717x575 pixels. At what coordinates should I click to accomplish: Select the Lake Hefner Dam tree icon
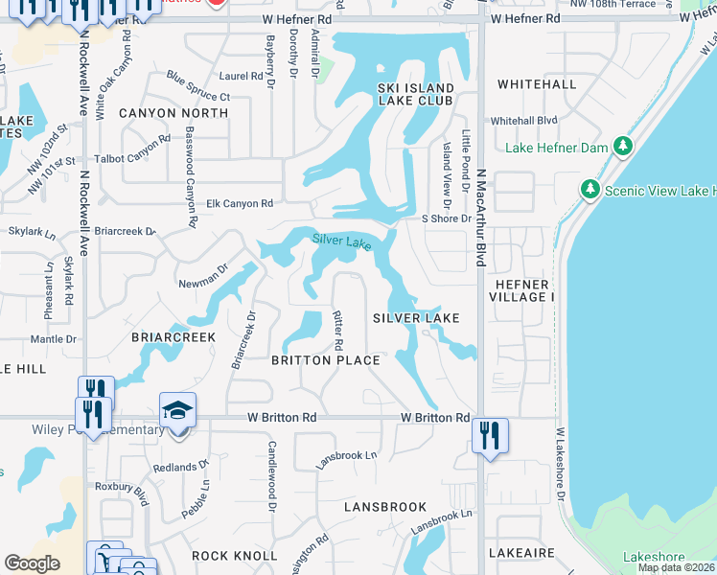tap(624, 147)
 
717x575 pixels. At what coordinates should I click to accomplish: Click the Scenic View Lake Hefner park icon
tap(590, 190)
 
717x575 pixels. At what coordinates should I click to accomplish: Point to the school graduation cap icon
tap(177, 410)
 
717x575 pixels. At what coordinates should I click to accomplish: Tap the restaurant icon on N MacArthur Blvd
tap(491, 435)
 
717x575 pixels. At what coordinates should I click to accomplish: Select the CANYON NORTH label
tap(173, 113)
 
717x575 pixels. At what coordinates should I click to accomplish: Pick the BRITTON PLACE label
tap(326, 360)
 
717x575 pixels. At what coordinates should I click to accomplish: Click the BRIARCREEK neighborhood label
tap(173, 337)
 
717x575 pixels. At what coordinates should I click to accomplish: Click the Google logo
tap(32, 563)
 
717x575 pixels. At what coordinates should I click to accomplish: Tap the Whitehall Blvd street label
tap(523, 121)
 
